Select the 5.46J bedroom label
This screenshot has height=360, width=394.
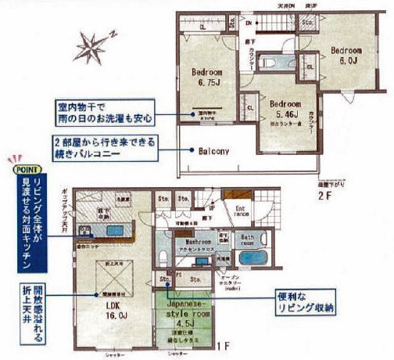point(285,108)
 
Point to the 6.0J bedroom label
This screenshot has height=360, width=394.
point(348,52)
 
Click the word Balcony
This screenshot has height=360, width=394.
point(213,152)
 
